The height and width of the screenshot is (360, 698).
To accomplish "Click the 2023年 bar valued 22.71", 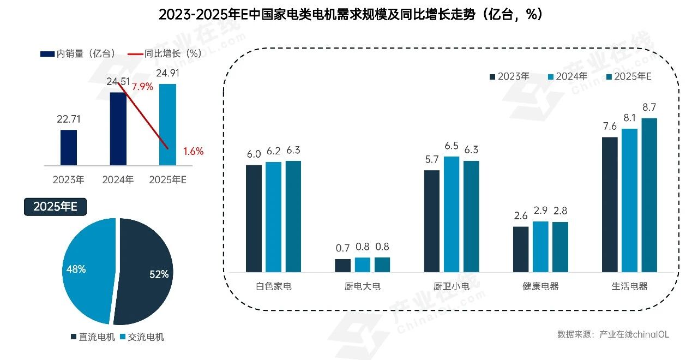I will click(69, 147).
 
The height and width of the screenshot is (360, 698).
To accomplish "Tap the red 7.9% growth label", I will click(142, 87).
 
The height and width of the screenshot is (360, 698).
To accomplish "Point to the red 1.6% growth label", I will click(193, 152).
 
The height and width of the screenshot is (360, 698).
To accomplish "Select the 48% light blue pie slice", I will click(87, 270).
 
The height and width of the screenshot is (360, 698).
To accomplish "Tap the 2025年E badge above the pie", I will click(55, 207).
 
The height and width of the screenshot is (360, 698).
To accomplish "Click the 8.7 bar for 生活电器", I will click(649, 195).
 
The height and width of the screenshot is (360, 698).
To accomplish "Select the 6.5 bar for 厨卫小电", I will click(452, 214).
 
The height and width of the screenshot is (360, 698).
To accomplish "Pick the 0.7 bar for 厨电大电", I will click(342, 265).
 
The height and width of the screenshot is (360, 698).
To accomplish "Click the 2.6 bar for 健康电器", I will click(521, 249).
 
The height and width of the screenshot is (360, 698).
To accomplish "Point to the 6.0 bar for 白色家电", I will click(254, 218).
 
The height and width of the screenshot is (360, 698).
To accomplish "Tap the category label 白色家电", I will click(273, 286).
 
